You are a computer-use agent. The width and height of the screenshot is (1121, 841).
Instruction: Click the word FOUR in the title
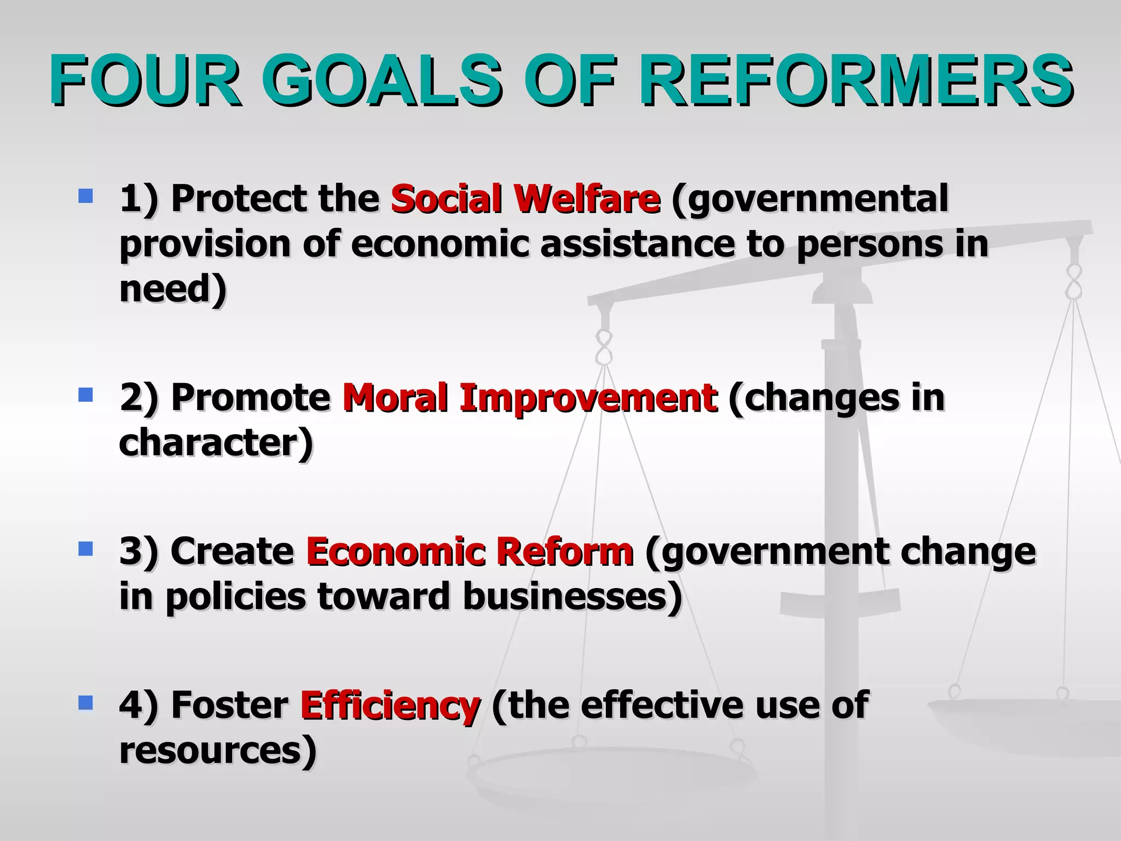(x=145, y=80)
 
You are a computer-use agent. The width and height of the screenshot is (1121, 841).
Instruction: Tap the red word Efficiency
(x=390, y=706)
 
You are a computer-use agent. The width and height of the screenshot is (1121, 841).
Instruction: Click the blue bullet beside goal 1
(x=85, y=195)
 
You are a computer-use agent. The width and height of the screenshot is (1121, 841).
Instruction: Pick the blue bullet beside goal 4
(x=85, y=702)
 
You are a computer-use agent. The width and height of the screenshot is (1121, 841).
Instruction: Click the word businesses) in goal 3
(x=573, y=597)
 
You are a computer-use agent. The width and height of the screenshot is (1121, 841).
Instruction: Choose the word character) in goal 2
(x=216, y=443)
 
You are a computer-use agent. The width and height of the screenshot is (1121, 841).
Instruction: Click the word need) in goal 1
(x=173, y=289)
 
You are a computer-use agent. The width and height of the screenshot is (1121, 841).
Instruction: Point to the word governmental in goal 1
(x=810, y=199)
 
